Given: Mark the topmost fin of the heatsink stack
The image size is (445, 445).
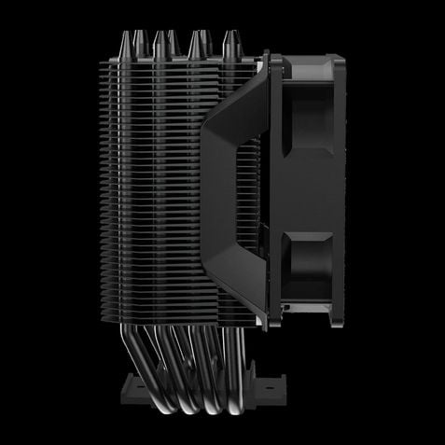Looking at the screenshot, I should (x=177, y=58).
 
